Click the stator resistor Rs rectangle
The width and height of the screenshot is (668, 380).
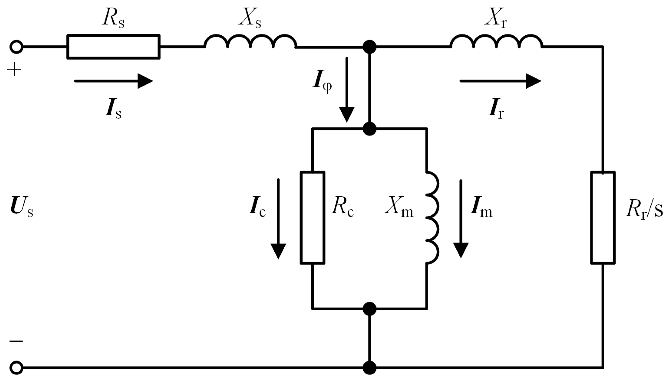[113, 47]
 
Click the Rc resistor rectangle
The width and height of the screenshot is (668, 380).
[312, 218]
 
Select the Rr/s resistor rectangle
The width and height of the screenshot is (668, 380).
[603, 218]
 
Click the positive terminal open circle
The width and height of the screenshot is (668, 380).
[16, 47]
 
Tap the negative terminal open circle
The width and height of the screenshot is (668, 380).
[16, 368]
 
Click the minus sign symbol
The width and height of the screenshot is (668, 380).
[16, 341]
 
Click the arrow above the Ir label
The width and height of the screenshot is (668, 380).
[500, 81]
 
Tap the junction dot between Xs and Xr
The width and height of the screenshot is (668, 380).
[369, 47]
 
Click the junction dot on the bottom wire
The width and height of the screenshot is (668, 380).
[369, 368]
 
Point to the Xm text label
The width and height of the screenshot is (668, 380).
[399, 210]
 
